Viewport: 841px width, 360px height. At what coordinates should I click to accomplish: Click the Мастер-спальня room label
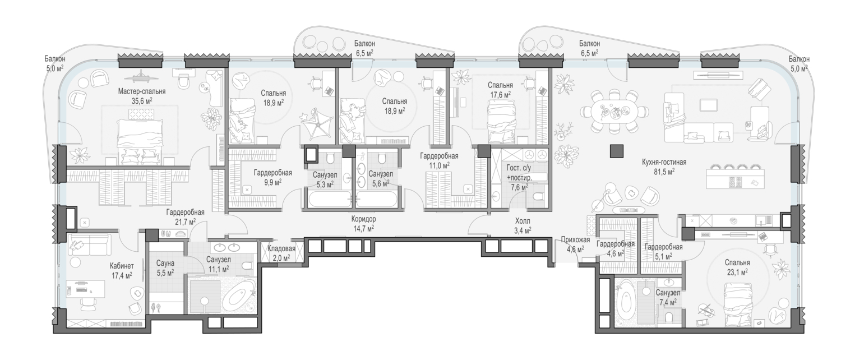coord(141,91)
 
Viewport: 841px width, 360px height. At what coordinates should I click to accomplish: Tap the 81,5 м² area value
coord(664,172)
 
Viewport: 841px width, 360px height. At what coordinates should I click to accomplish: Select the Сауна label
coord(165,263)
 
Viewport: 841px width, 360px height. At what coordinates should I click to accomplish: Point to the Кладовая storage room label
coord(281,248)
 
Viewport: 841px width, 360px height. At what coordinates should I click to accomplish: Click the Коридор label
coord(363,219)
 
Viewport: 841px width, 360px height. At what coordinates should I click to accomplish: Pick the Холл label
coord(523,221)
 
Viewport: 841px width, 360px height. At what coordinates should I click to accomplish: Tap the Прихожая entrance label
coord(575,240)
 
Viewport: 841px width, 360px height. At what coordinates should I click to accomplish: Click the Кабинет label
coord(122,266)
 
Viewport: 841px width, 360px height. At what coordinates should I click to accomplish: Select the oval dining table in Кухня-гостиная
coord(613,112)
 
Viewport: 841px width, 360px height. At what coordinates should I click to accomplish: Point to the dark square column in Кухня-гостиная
coord(617,151)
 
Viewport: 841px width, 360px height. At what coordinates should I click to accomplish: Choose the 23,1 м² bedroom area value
coord(737,272)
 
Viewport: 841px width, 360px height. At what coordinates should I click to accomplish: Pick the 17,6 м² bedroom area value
coord(500,95)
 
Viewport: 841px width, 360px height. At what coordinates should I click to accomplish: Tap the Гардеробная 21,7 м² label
coord(186,216)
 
